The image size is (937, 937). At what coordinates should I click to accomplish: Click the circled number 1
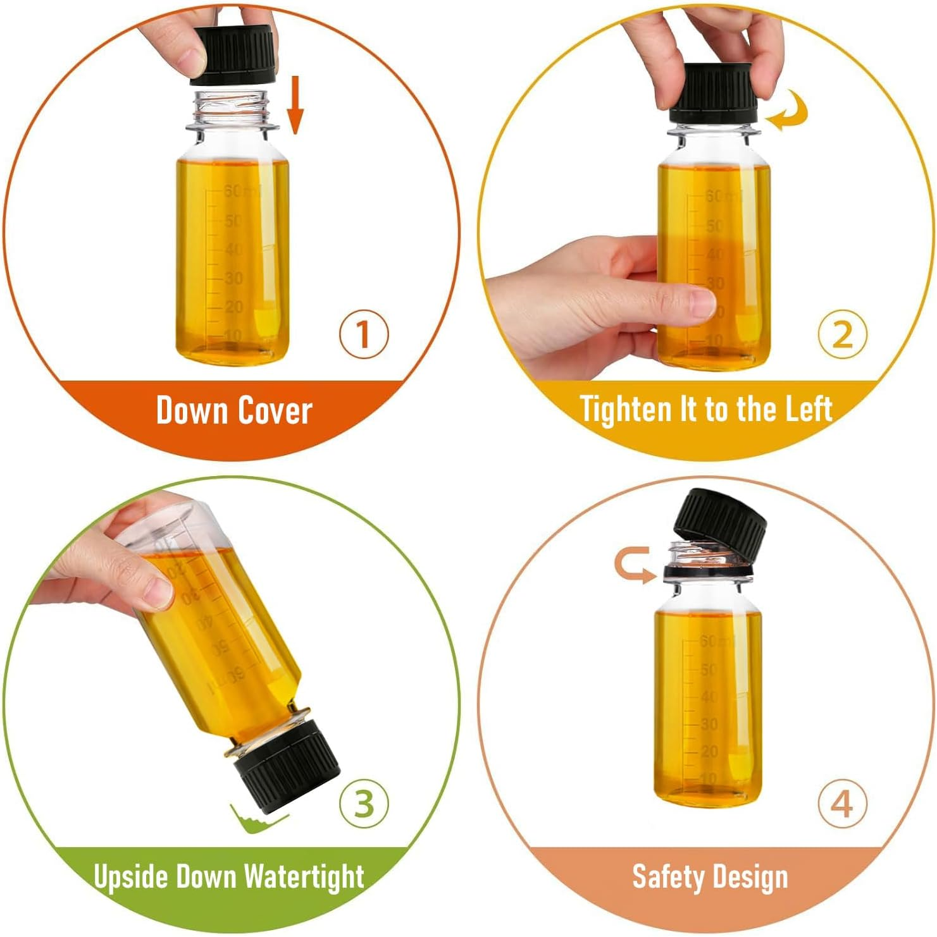(x=363, y=334)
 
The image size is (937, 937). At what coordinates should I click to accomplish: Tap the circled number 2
(x=841, y=334)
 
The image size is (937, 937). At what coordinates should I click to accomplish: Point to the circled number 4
(x=841, y=804)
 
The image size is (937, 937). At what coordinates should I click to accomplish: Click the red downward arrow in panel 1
(x=295, y=104)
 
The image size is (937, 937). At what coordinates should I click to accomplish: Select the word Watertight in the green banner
(x=304, y=877)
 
